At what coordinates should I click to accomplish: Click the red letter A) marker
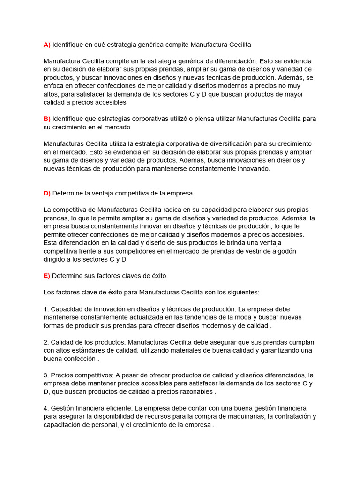47,45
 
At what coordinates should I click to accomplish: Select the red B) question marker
47,119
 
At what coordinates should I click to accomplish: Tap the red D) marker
47,193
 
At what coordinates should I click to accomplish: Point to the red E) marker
47,276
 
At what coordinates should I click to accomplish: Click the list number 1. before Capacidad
46,309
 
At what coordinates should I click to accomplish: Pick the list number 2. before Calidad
46,342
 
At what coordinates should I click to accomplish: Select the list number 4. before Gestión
46,408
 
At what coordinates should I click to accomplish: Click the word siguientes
242,292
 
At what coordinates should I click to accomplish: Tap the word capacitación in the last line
63,425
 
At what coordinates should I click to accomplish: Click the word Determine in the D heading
67,193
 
